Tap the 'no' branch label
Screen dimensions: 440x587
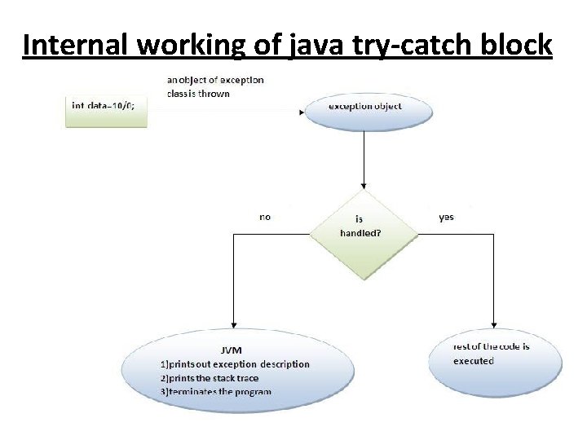(x=265, y=217)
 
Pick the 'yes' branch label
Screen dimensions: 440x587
(x=446, y=217)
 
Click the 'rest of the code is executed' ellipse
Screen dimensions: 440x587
(x=494, y=355)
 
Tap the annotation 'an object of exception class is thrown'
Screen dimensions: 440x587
(x=214, y=86)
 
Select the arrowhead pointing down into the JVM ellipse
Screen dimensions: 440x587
(x=234, y=325)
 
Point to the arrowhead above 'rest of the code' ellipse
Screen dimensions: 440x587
(x=494, y=324)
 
